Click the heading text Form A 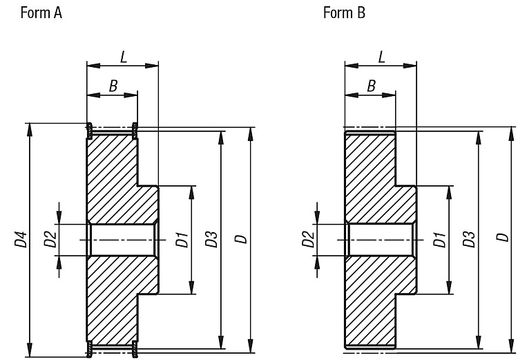(x=41, y=13)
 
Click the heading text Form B (x=344, y=13)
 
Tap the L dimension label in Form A (x=124, y=57)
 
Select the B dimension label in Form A (x=113, y=86)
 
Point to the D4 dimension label (x=21, y=239)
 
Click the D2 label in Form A (x=50, y=239)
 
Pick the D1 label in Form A (x=182, y=240)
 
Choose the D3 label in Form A (x=211, y=239)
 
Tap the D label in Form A (x=241, y=239)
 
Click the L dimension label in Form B (x=381, y=57)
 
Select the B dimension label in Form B (x=372, y=86)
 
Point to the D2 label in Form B (x=308, y=239)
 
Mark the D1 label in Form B (x=440, y=240)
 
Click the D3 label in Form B (x=469, y=239)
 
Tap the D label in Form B (x=503, y=238)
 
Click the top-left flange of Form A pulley (x=89, y=130)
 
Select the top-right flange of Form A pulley (x=135, y=130)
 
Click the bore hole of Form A (x=122, y=240)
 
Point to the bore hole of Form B (x=381, y=240)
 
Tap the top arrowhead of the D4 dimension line (x=30, y=130)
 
